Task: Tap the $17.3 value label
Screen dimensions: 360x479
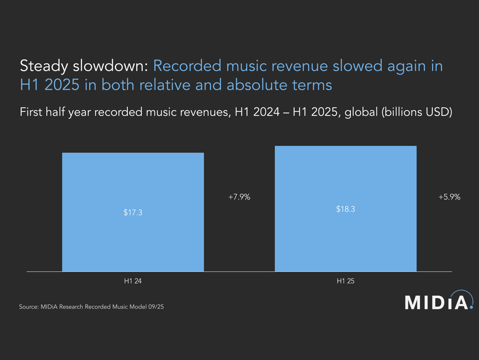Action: click(133, 213)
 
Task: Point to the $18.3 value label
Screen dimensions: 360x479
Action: click(346, 209)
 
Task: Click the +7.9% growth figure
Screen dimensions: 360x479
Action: click(239, 197)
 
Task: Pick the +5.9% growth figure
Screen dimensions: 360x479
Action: click(449, 197)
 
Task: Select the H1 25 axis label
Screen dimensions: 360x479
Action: click(346, 281)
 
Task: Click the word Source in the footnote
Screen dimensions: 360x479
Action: click(28, 307)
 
